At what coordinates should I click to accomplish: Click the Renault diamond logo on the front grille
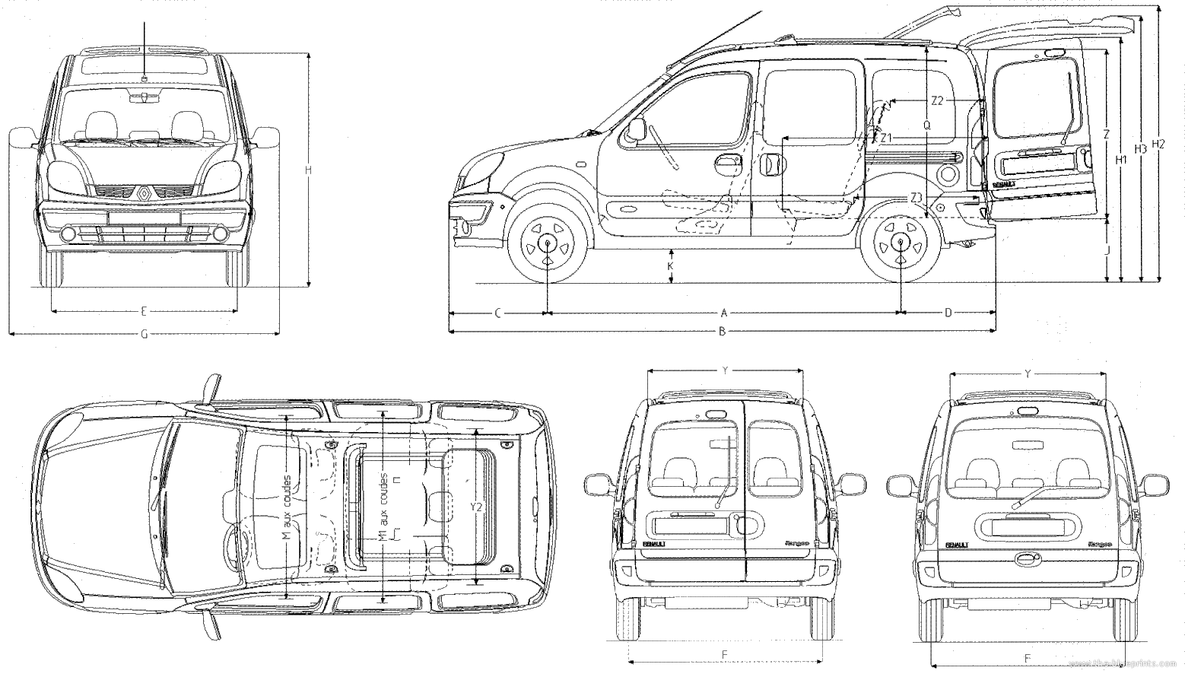point(145,193)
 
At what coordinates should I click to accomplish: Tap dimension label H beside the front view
point(308,171)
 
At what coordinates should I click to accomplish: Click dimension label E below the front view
point(144,310)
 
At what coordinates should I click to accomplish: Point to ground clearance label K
point(670,265)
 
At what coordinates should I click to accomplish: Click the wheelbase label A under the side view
point(724,313)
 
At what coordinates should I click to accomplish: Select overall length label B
point(723,331)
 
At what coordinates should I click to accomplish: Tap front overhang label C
point(498,313)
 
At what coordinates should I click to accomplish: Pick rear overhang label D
point(948,313)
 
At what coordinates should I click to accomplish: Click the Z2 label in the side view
point(936,100)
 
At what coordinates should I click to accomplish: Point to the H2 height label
point(1158,145)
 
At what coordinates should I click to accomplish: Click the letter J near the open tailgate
point(1108,250)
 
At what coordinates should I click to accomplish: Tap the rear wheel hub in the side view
point(901,243)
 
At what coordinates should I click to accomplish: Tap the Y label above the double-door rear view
point(726,370)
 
